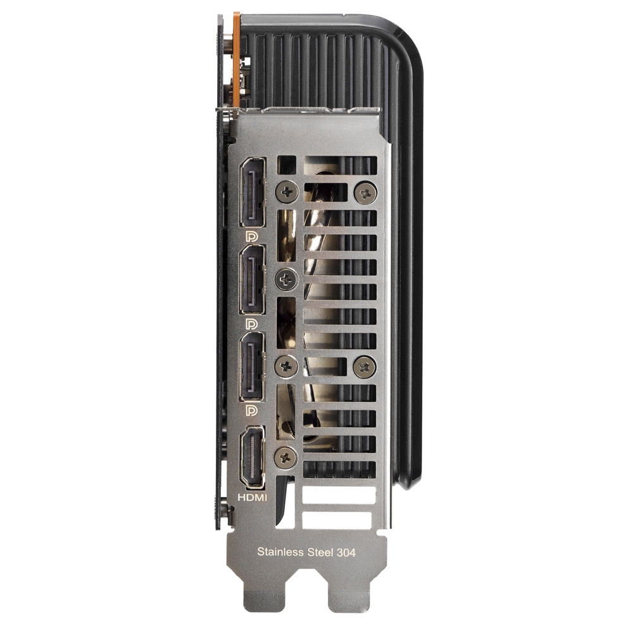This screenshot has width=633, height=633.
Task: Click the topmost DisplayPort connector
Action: click(253, 193)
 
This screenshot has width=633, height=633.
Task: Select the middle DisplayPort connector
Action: click(253, 280)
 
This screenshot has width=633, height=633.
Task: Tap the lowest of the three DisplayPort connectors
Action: click(253, 367)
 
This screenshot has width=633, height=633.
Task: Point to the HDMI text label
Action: click(252, 498)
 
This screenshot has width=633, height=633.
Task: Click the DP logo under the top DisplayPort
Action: click(251, 236)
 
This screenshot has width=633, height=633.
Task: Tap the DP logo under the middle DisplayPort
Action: click(251, 323)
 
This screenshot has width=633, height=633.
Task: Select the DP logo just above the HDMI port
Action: click(251, 411)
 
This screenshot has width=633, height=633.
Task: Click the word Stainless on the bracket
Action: click(280, 551)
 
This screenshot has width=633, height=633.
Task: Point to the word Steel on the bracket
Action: click(320, 551)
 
